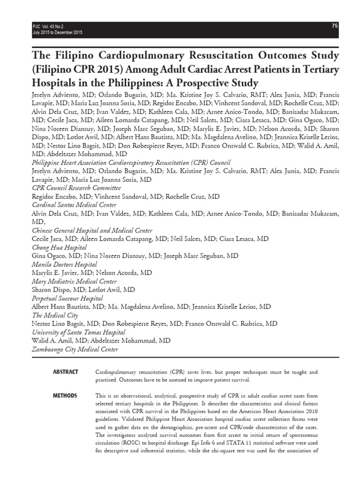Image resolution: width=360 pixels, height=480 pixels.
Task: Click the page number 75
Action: [335, 26]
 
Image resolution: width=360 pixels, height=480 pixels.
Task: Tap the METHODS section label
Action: [65, 396]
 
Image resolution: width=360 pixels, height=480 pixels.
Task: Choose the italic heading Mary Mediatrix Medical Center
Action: [74, 281]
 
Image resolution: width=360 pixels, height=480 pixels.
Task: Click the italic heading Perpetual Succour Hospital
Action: [67, 298]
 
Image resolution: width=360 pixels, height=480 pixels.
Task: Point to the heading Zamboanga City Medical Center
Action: [75, 349]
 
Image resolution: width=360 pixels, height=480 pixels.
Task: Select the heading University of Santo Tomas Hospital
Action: [78, 332]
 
